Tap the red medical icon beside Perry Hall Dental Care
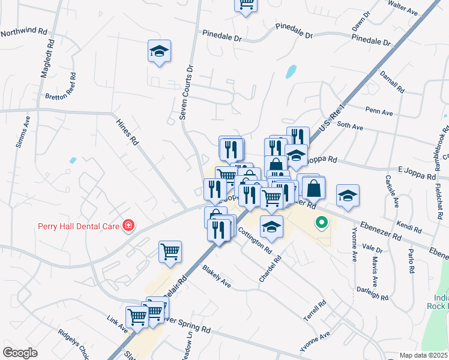click(x=128, y=226)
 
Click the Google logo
click(x=20, y=353)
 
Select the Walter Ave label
click(x=403, y=8)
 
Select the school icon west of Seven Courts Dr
click(x=159, y=52)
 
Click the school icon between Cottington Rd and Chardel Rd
click(x=271, y=227)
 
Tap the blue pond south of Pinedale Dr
click(x=291, y=71)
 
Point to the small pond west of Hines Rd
click(x=73, y=161)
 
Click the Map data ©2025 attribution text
click(x=423, y=355)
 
